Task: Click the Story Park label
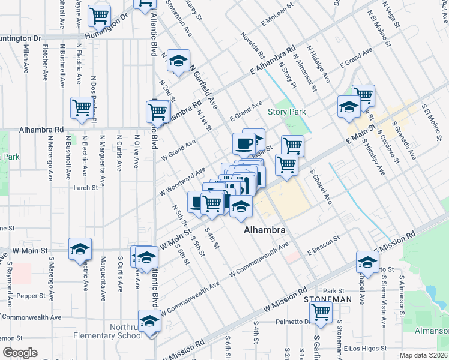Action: point(287,112)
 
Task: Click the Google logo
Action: point(20,353)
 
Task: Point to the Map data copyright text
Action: point(424,355)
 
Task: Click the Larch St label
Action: point(86,188)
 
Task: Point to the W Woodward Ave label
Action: point(184,182)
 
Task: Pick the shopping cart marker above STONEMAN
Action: point(321,311)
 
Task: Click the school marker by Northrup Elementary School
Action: point(149,320)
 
